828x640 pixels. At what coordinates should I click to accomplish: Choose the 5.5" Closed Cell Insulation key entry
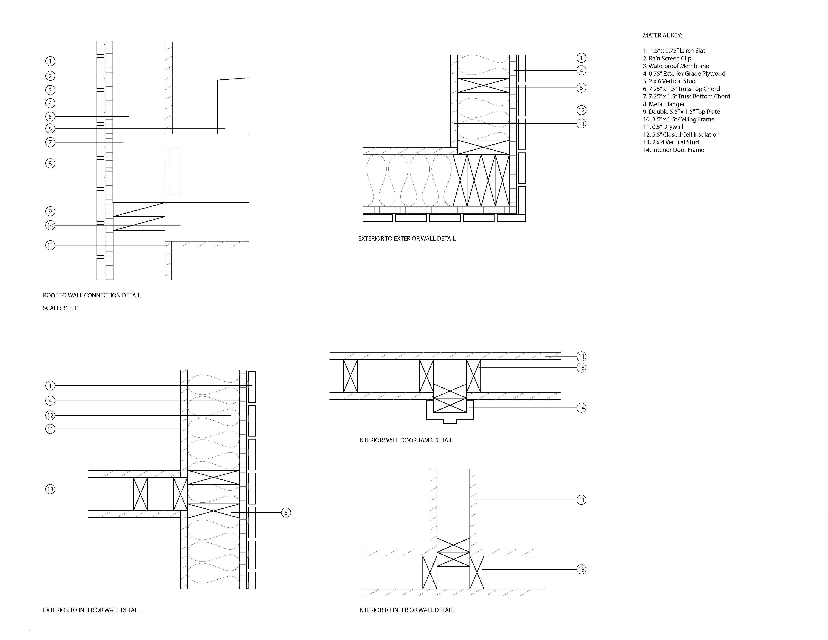[x=681, y=135]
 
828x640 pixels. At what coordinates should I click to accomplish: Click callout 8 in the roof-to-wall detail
[x=50, y=163]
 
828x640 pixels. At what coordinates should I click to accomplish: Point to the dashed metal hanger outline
[x=173, y=172]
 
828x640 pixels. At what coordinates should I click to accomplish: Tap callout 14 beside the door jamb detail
[x=581, y=408]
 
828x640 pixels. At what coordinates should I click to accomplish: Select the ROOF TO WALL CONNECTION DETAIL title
[x=92, y=295]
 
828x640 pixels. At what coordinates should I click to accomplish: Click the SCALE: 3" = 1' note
[x=61, y=308]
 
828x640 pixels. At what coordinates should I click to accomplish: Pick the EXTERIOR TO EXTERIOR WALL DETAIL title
[x=407, y=238]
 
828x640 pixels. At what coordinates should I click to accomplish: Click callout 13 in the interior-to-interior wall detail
[x=581, y=569]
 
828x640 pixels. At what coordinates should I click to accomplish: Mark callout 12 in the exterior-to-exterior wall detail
[x=581, y=110]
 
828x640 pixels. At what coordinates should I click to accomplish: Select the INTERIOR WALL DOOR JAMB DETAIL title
[x=405, y=440]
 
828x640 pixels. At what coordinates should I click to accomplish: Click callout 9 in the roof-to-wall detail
[x=50, y=211]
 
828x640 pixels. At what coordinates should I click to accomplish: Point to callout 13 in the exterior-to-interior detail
[x=50, y=489]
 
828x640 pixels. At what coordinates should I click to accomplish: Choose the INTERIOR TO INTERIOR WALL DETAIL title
[x=406, y=610]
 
